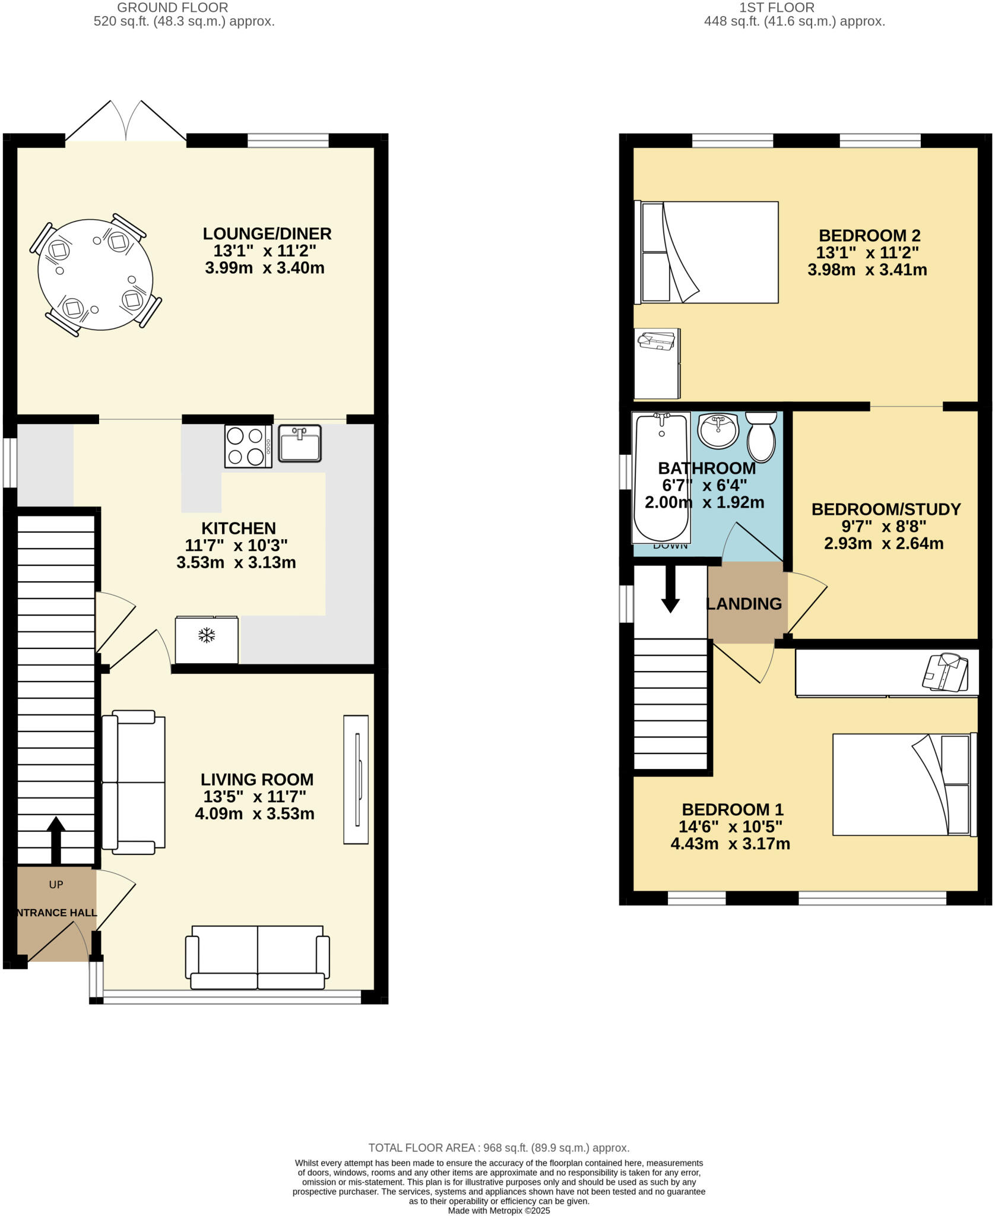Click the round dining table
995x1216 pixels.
pyautogui.click(x=95, y=275)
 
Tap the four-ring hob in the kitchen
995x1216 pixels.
pyautogui.click(x=248, y=446)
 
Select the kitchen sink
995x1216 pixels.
pyautogui.click(x=300, y=443)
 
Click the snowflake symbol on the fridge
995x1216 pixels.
pyautogui.click(x=206, y=636)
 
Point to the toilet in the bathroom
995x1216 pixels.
pyautogui.click(x=761, y=436)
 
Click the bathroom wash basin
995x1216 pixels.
pyautogui.click(x=718, y=430)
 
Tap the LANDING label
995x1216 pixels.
pyautogui.click(x=744, y=604)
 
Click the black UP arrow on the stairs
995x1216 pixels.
pyautogui.click(x=56, y=839)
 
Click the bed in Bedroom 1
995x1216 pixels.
pyautogui.click(x=904, y=784)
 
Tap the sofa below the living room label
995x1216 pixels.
pyautogui.click(x=257, y=957)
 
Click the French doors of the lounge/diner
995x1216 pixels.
pyautogui.click(x=126, y=123)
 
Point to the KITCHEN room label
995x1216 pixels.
pyautogui.click(x=239, y=528)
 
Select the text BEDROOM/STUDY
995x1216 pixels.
pyautogui.click(x=886, y=509)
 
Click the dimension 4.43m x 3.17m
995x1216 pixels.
pyautogui.click(x=730, y=844)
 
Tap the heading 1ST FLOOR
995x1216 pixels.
pyautogui.click(x=777, y=8)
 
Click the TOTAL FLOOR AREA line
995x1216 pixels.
pyautogui.click(x=499, y=1148)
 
